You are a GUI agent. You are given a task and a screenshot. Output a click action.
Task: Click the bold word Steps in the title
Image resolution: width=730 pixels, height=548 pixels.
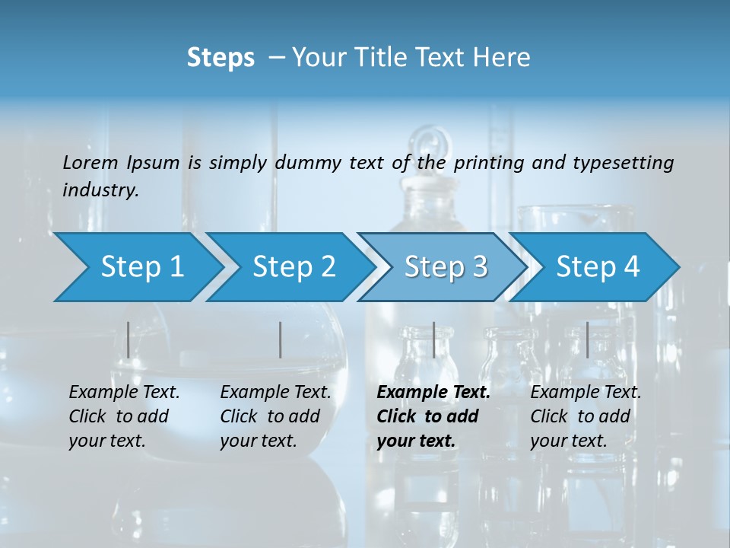pos(221,58)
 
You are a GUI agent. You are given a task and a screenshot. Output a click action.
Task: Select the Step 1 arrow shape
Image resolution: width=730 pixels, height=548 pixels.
pos(137,267)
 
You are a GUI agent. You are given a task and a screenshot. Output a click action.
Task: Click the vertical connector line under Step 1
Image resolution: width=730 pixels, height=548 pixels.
pos(129,339)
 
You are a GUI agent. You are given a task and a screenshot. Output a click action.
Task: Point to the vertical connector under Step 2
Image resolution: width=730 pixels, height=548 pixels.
pos(281,339)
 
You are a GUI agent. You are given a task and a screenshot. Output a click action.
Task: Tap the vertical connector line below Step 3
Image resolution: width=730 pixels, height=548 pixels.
pos(433,339)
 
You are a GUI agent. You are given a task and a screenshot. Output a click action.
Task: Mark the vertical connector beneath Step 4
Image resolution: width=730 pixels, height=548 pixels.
pos(587,339)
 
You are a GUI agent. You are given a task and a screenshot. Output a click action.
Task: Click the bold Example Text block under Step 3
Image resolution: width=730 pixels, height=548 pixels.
pos(433,416)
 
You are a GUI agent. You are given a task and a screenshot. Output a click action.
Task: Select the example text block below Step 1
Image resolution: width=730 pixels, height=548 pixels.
pos(124,416)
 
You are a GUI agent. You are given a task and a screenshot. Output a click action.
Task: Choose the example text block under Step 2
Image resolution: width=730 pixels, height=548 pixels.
pos(275,416)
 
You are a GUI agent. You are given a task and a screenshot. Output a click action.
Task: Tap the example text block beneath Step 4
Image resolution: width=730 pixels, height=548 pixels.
pos(586,416)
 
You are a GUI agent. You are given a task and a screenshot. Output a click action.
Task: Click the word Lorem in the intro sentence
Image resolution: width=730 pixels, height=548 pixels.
pos(90,162)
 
